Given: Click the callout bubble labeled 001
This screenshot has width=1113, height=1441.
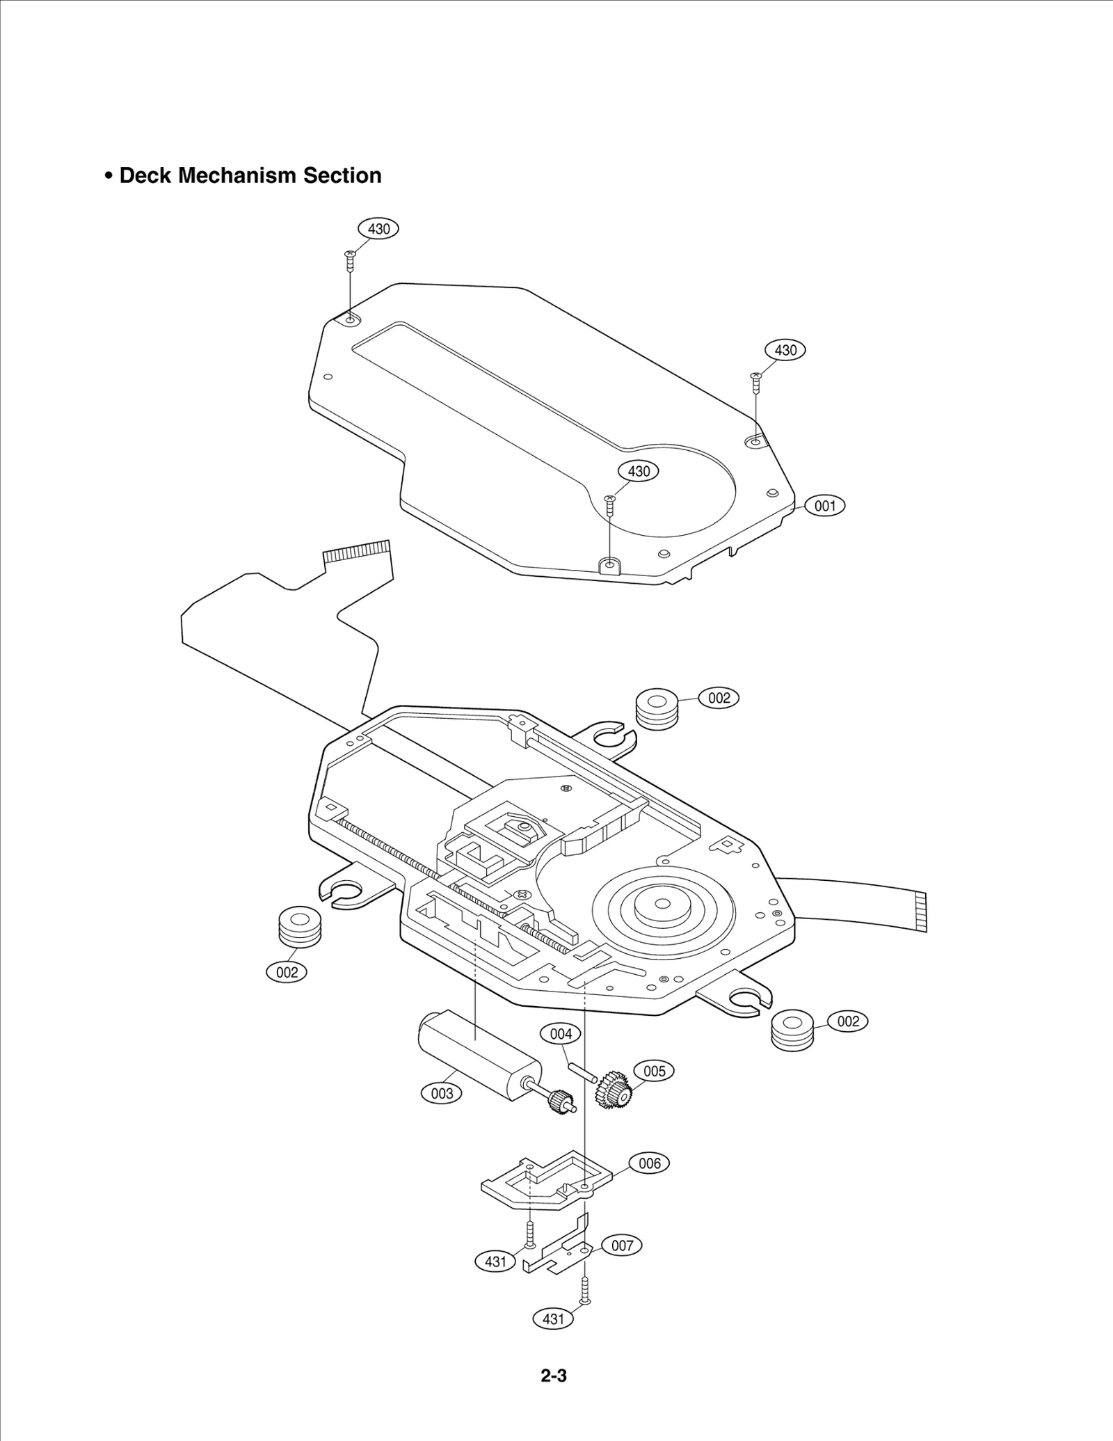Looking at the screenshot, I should pyautogui.click(x=825, y=506).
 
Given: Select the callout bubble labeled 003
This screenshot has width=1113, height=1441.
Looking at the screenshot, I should pyautogui.click(x=442, y=1093).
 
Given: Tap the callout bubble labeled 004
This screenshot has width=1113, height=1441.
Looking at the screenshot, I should pyautogui.click(x=561, y=1034).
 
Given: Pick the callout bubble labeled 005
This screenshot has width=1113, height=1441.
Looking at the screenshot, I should pyautogui.click(x=654, y=1071).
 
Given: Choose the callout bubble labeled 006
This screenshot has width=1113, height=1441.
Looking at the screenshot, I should pyautogui.click(x=649, y=1163).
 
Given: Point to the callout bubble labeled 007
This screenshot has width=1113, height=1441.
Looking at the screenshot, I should pyautogui.click(x=622, y=1245).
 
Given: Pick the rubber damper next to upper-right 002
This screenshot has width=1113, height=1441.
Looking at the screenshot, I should pyautogui.click(x=657, y=709).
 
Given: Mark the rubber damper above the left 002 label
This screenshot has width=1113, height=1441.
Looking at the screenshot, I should pyautogui.click(x=300, y=928).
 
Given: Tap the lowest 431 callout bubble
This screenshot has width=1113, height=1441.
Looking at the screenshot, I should pyautogui.click(x=553, y=1319).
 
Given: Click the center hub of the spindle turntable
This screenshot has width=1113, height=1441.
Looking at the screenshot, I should pyautogui.click(x=662, y=904).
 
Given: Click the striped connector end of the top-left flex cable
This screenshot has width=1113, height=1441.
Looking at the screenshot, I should pyautogui.click(x=355, y=551).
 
